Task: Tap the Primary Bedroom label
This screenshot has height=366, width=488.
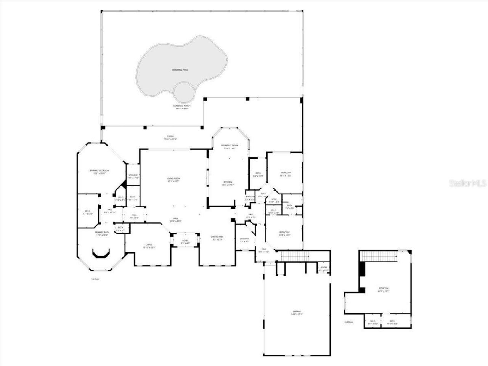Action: point(100,170)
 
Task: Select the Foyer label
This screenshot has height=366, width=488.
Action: point(185,241)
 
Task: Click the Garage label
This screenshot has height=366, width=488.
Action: point(297,311)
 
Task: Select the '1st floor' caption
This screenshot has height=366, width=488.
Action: point(95,279)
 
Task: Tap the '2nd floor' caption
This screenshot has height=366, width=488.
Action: point(348,322)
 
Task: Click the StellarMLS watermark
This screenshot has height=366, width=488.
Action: point(468,183)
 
